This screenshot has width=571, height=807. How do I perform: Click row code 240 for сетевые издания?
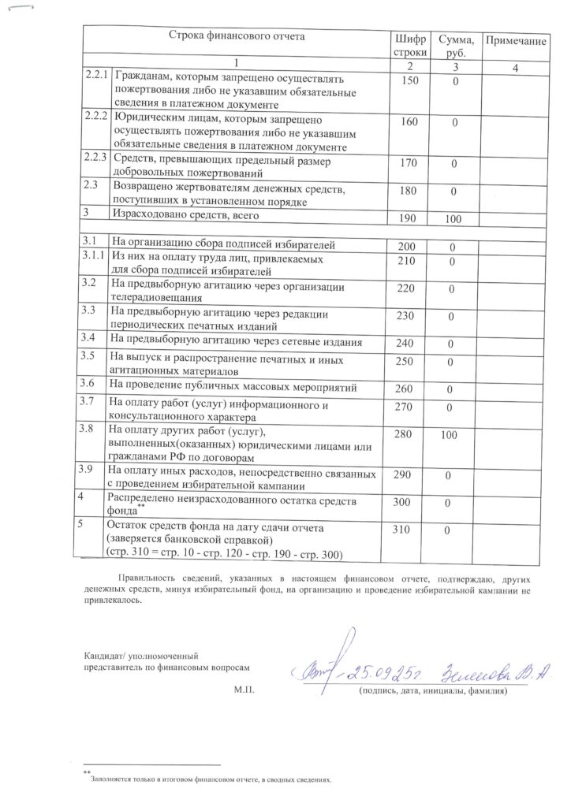(x=406, y=343)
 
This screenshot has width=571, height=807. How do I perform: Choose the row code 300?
(x=407, y=501)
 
